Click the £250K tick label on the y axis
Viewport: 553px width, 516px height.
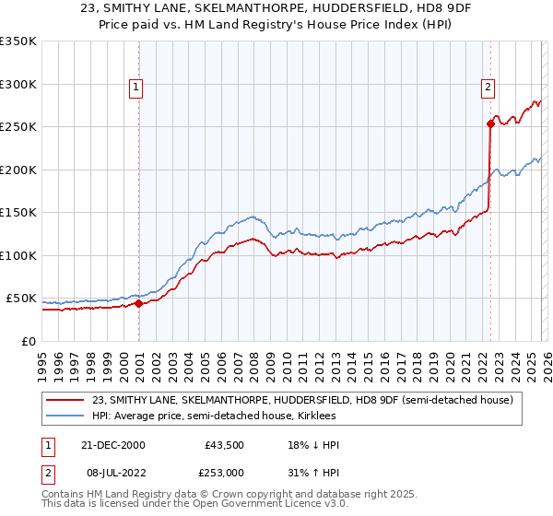[x=18, y=127]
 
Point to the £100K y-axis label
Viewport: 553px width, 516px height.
[x=18, y=255]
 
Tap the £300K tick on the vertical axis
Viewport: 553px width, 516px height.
[x=18, y=84]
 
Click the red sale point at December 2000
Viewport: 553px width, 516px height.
[x=139, y=303]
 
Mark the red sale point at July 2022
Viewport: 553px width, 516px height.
[x=490, y=124]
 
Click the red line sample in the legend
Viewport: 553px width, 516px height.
[x=66, y=400]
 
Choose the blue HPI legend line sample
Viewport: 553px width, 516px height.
[x=66, y=416]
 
